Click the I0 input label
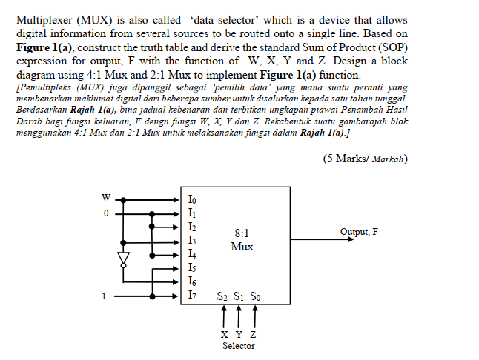tap(193, 199)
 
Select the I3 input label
tap(193, 241)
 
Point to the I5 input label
tap(193, 268)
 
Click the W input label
tap(106, 198)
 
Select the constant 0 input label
tap(106, 213)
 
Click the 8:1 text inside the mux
tap(242, 232)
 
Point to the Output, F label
tap(359, 232)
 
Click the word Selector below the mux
tap(239, 346)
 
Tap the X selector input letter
tap(225, 334)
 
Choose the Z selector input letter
tap(253, 334)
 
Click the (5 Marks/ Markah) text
tap(366, 159)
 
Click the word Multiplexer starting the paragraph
tap(45, 20)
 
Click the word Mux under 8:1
tap(242, 246)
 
